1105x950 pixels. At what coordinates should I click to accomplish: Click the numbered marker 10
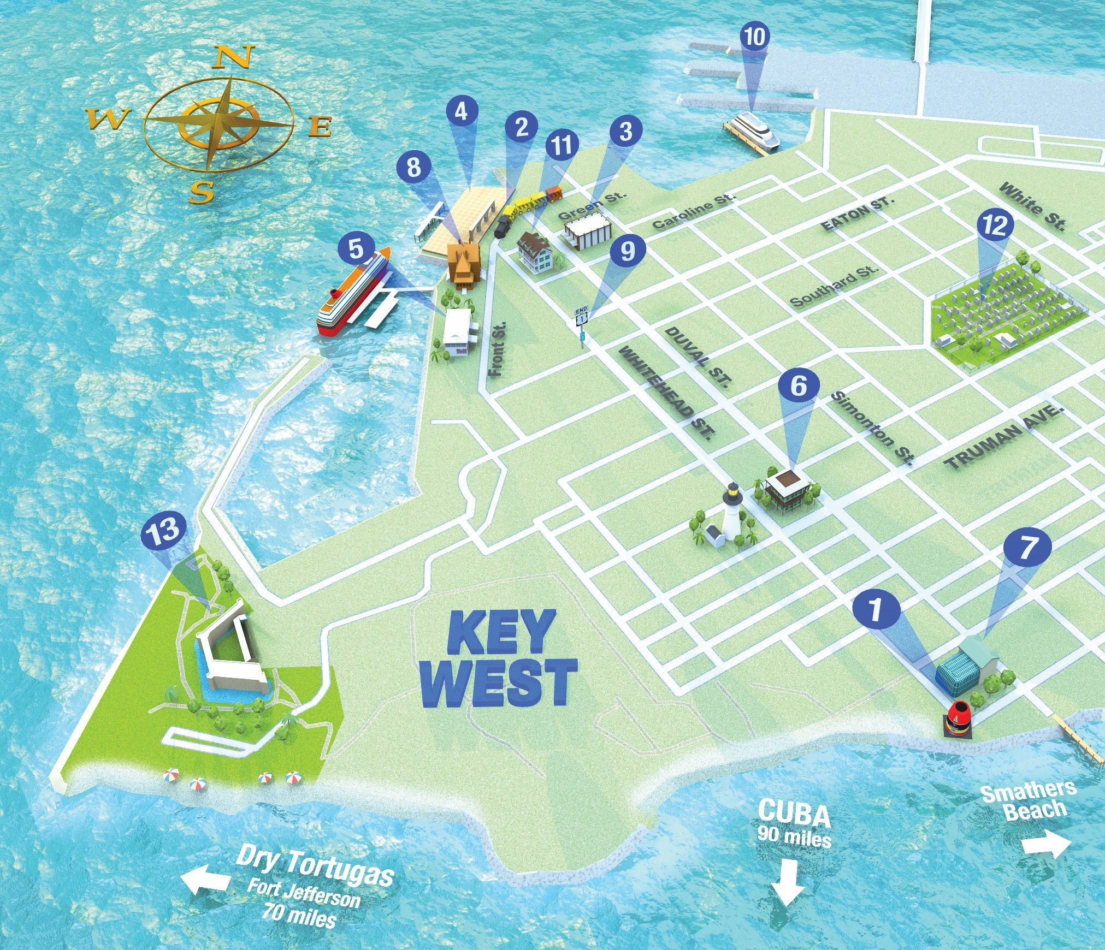coord(755,37)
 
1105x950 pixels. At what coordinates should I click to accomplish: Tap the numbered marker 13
coord(163,531)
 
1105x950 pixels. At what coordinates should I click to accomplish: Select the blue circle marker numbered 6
coord(798,387)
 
